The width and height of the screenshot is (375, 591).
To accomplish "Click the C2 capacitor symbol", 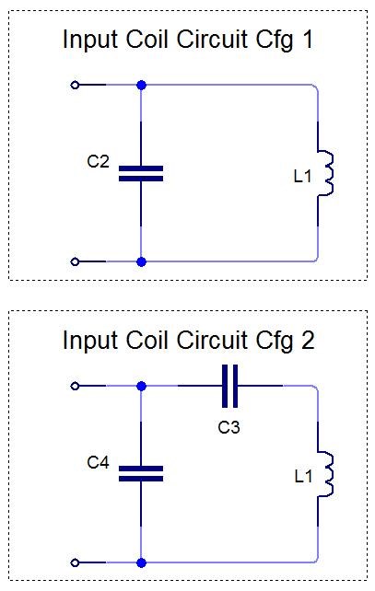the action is pos(141,173).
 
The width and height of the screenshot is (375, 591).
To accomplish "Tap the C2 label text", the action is pos(98,161).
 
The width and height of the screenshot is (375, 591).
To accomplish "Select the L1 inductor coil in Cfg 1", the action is pos(325,173).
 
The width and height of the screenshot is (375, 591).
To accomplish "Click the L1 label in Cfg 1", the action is pos(302,176).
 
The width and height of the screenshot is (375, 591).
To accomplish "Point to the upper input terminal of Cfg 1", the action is pos(75,86).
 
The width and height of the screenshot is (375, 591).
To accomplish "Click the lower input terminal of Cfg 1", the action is pos(75,261).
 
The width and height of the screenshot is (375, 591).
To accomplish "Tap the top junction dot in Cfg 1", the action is pos(141,86).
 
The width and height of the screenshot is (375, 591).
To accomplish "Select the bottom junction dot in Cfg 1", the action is pos(141,261).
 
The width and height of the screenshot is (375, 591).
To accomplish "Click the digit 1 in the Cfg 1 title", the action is pos(308,40).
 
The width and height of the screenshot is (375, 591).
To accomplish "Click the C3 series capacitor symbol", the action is pos(229,386).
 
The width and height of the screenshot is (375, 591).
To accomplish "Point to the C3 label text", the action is pos(229,427).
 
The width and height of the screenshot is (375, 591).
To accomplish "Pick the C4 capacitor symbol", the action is pos(141,474).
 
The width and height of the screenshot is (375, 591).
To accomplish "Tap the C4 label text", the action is pos(98,462).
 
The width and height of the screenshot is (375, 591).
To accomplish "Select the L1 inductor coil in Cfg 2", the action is pos(325,474).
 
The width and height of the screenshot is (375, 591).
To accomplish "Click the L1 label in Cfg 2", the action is pos(303,477).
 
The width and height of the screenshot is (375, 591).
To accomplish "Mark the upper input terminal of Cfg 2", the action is pos(75,386).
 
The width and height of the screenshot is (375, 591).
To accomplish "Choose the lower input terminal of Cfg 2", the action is pos(75,562).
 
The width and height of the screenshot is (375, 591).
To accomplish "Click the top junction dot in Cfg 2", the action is pos(141,386).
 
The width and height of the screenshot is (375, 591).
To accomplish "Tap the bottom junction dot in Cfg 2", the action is pos(141,562).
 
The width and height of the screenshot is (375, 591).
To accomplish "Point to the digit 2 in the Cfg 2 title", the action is pos(308,340).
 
